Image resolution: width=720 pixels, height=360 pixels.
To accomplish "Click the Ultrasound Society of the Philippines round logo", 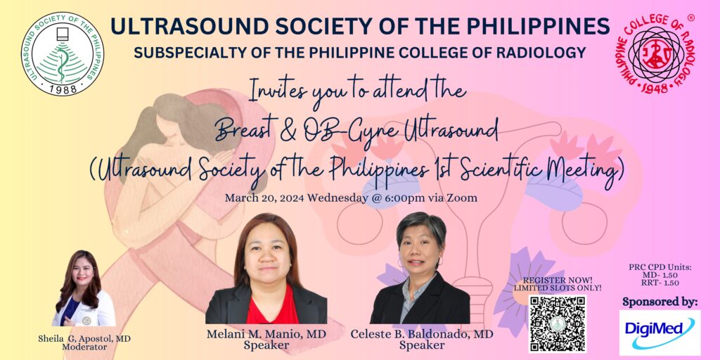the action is point(63,53).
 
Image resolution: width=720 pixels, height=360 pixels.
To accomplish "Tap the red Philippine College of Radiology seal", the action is point(655,53).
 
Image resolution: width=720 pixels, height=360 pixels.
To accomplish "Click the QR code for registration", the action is point(558,323).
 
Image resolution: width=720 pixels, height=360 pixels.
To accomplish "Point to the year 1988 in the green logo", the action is point(62,89).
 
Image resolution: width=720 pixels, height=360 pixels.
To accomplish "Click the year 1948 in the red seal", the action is point(655,88).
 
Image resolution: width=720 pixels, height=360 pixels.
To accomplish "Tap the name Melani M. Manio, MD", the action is point(266,334).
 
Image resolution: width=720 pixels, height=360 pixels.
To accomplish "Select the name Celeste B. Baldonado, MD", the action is point(422,334).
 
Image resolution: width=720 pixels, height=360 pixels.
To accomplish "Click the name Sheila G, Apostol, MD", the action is point(84,339).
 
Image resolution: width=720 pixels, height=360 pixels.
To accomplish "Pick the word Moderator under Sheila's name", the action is point(84,347).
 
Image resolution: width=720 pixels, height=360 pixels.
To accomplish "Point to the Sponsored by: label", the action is point(660,302).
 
